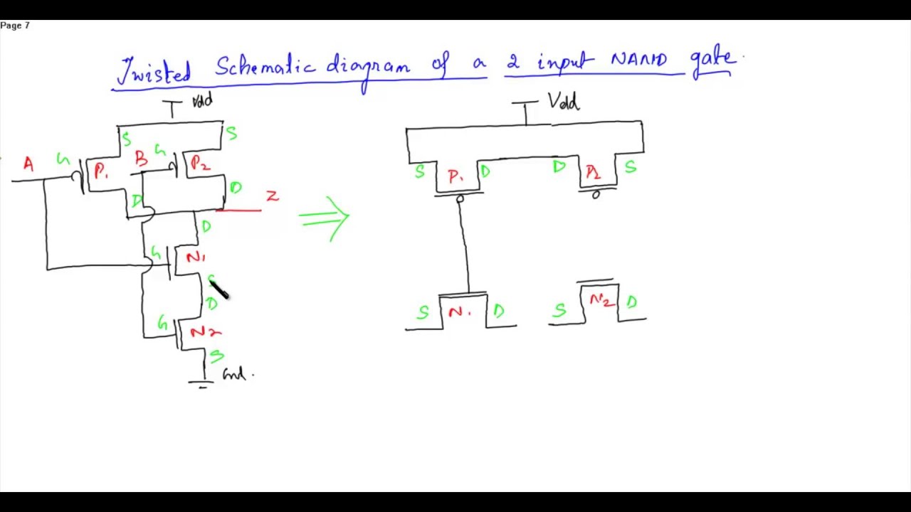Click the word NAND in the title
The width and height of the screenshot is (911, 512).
pyautogui.click(x=638, y=61)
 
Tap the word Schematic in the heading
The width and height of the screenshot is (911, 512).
pyautogui.click(x=265, y=67)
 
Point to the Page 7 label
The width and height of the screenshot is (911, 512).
pyautogui.click(x=15, y=26)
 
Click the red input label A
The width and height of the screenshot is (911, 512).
pyautogui.click(x=28, y=165)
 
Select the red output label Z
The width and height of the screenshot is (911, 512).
pyautogui.click(x=272, y=196)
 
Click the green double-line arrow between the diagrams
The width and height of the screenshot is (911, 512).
pyautogui.click(x=325, y=218)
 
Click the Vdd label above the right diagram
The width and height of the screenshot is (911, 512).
pyautogui.click(x=564, y=102)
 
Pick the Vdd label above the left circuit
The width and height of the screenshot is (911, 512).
pyautogui.click(x=201, y=102)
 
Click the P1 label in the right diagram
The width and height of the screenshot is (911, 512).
pyautogui.click(x=455, y=176)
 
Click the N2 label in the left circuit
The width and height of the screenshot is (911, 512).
pyautogui.click(x=205, y=332)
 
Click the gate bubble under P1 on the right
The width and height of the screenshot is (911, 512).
pyautogui.click(x=460, y=200)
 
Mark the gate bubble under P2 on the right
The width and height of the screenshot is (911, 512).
pyautogui.click(x=596, y=195)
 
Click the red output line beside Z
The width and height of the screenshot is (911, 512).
pyautogui.click(x=239, y=210)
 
